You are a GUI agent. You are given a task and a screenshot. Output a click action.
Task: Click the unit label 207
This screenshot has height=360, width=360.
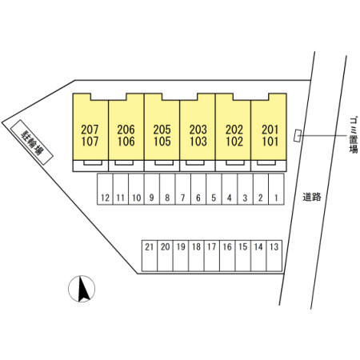tap(90, 130)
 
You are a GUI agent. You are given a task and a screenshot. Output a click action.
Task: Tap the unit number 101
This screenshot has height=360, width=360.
tap(270, 142)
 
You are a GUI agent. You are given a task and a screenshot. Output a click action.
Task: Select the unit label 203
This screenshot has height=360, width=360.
tap(198, 130)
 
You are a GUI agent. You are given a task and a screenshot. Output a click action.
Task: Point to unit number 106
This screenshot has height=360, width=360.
tap(126, 142)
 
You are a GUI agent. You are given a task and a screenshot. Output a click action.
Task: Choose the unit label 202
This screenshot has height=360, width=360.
tap(234, 130)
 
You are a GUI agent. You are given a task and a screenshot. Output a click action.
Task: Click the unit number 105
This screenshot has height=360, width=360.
tap(162, 142)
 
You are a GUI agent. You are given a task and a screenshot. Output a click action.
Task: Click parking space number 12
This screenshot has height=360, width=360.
tap(106, 198)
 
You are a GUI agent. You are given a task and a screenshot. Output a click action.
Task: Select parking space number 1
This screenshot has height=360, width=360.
tap(276, 198)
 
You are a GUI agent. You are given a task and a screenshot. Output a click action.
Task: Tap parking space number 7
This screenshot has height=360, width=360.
tap(182, 198)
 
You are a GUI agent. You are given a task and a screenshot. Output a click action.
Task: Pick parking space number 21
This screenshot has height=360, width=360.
tap(150, 247)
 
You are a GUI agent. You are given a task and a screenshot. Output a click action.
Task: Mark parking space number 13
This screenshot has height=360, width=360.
tap(274, 247)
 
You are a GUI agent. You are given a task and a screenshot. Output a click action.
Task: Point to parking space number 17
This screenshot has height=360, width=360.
tap(211, 247)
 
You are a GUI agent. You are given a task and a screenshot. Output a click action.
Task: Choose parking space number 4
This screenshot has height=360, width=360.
tap(230, 198)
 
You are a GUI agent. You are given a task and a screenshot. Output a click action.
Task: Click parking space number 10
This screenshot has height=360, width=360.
tap(136, 198)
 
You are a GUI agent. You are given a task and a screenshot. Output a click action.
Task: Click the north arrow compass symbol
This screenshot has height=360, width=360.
tap(82, 289)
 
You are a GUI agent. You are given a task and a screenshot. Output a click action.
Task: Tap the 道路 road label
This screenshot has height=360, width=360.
tap(312, 197)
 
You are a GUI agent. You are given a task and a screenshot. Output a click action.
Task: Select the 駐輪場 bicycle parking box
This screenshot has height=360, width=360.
tap(31, 142)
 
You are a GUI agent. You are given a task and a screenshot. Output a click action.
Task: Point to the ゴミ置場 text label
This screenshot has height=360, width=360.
tap(354, 134)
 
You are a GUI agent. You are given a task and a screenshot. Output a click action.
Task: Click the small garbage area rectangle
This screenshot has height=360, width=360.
tap(297, 135)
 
